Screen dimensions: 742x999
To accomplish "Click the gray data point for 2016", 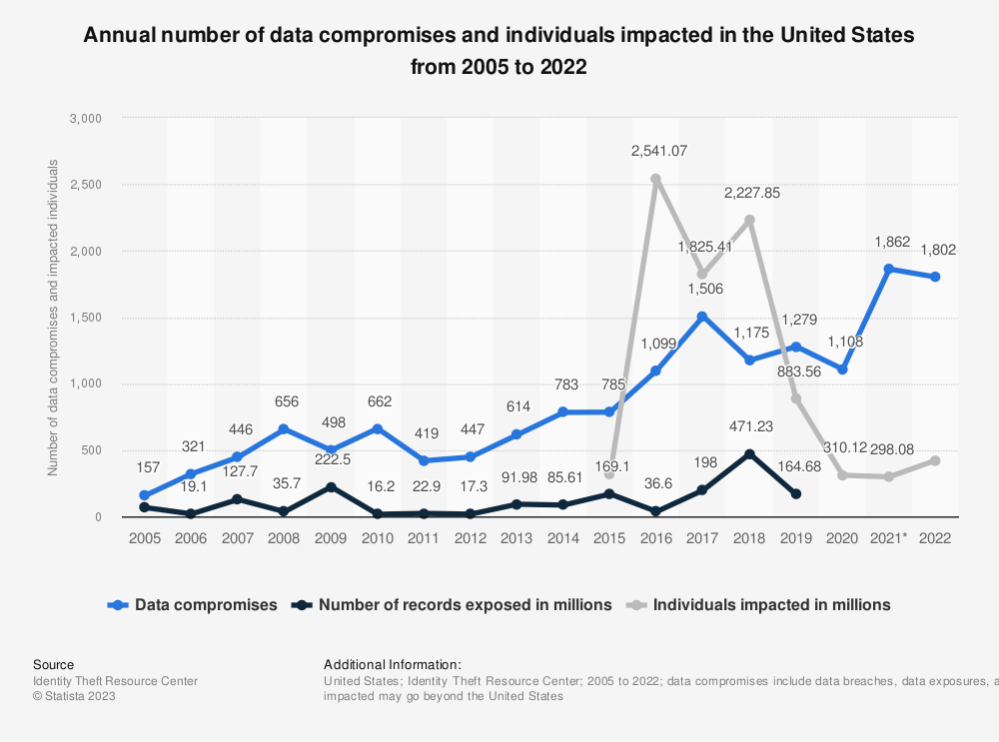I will click(655, 180).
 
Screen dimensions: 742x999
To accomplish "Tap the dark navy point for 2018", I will click(748, 453).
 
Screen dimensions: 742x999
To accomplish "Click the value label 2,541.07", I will click(658, 151).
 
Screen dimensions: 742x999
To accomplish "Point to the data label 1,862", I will click(891, 241).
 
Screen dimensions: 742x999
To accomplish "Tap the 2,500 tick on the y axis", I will click(86, 185).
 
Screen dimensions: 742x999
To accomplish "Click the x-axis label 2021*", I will click(889, 537).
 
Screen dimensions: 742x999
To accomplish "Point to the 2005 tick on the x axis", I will click(144, 537).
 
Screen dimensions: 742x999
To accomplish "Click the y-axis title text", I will click(53, 317).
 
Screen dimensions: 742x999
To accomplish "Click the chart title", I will click(499, 52).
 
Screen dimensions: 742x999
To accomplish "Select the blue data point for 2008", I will click(284, 429).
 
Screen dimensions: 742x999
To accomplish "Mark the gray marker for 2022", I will click(934, 460).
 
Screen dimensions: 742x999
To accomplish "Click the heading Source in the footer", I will click(53, 664).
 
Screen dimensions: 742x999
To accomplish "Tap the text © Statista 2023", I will click(74, 697).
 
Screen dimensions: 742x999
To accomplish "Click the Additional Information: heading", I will click(392, 664).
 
